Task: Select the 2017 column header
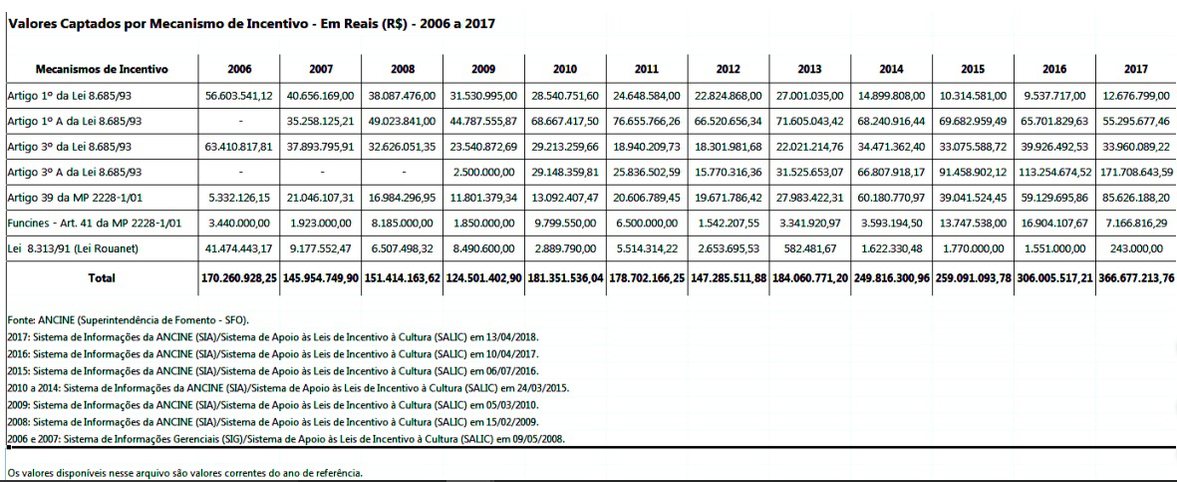[1134, 70]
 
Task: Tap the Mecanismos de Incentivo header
[101, 70]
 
